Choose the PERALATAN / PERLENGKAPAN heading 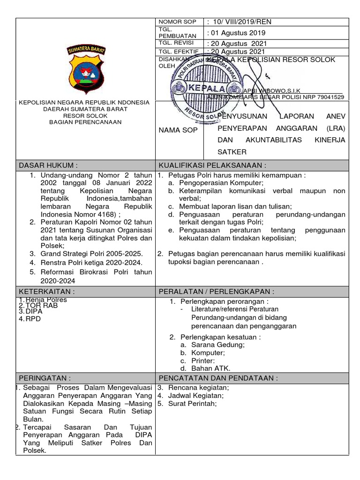tap(217, 292)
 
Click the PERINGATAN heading tap(45, 378)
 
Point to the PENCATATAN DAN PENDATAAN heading tap(218, 378)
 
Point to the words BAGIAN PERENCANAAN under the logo tap(85, 122)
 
